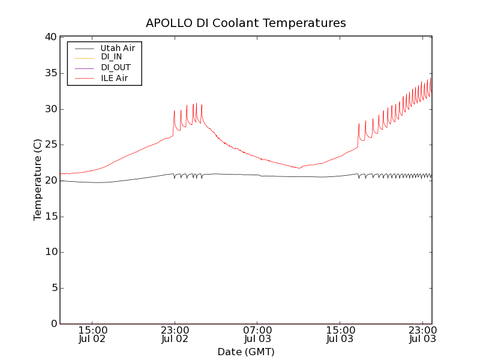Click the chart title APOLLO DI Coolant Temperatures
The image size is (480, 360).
[x=246, y=23]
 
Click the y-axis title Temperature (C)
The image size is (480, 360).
[x=38, y=180]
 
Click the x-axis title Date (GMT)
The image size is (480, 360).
[x=246, y=352]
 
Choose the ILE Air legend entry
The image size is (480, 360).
[x=114, y=77]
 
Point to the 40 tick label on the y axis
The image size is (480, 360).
[x=50, y=37]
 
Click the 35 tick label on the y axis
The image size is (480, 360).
[x=50, y=73]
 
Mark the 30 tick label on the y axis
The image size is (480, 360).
[x=50, y=109]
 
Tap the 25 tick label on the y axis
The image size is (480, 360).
[x=50, y=145]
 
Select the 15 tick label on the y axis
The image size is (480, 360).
[x=50, y=217]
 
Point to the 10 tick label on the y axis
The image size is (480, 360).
[x=50, y=252]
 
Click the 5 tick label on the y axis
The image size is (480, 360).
[x=53, y=288]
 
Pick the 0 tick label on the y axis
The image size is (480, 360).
[x=53, y=324]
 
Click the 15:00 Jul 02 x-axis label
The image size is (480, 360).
[x=92, y=334]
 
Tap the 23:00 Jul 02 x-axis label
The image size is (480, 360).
[x=175, y=334]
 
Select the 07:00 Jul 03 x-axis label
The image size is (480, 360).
[x=257, y=334]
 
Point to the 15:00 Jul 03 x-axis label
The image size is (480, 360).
[x=340, y=334]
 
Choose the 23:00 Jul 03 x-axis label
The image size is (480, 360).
[x=422, y=334]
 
